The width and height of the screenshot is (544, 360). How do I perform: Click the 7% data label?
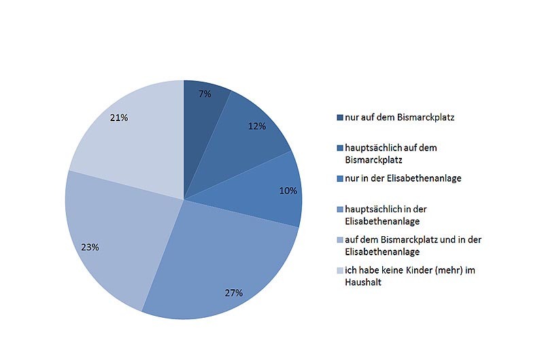tap(205, 94)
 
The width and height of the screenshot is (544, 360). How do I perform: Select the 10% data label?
tap(288, 191)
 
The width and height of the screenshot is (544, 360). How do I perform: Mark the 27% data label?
tap(234, 293)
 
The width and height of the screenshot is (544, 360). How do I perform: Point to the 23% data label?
tap(90, 247)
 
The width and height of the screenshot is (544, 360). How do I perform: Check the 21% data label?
tap(119, 118)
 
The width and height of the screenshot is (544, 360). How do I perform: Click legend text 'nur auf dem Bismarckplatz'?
tap(399, 118)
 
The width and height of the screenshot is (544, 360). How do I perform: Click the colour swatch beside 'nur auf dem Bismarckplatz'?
tap(340, 118)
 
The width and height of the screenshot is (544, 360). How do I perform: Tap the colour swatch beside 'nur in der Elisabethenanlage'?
tap(340, 179)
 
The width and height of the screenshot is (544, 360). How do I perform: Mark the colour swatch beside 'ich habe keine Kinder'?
tap(340, 271)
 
